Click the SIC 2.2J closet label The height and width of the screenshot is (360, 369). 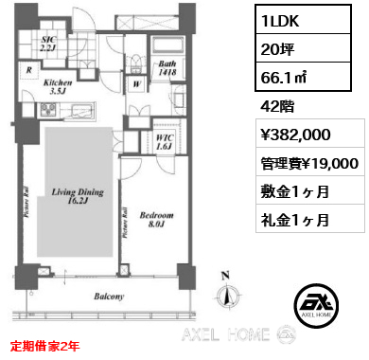[51, 42]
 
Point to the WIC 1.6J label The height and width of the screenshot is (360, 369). [163, 142]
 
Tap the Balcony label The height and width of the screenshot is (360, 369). [110, 297]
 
